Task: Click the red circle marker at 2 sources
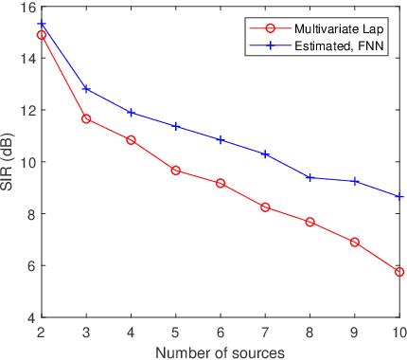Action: click(x=42, y=35)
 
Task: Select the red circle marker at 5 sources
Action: click(x=176, y=171)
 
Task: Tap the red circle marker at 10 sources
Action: click(x=399, y=272)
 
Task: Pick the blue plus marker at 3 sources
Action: click(x=86, y=89)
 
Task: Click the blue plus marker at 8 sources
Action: click(x=310, y=177)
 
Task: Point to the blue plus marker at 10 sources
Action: click(x=399, y=197)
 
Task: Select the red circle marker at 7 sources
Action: click(x=265, y=207)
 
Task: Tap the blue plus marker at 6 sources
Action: click(x=221, y=139)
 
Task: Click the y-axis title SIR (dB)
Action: click(x=9, y=162)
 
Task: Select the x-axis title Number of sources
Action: click(x=221, y=351)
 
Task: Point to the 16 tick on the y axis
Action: click(x=27, y=7)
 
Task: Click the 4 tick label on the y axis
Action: click(x=30, y=317)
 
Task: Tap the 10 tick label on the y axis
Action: click(x=27, y=162)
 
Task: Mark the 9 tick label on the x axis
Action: click(x=355, y=333)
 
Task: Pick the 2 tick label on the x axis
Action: click(x=42, y=333)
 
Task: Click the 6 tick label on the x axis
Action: click(x=221, y=333)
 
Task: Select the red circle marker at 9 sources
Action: click(x=355, y=243)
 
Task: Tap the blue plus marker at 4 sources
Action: click(x=131, y=113)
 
